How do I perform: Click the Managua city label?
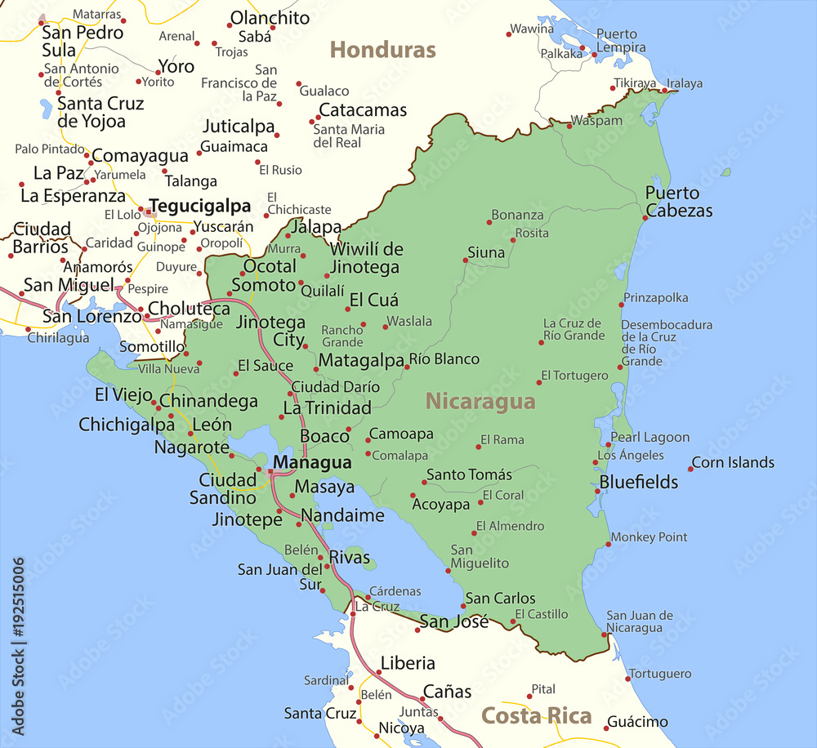tap(312, 463)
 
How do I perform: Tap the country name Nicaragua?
tap(480, 402)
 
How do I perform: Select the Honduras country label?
tap(382, 50)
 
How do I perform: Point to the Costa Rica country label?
tap(536, 716)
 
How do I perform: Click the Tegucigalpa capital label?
tap(199, 206)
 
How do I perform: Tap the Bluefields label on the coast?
tap(639, 482)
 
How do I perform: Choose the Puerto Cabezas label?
tap(678, 202)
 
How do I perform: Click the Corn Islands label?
tap(733, 462)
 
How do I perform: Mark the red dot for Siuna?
tap(466, 260)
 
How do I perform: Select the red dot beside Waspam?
tap(569, 126)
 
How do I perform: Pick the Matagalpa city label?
tap(361, 360)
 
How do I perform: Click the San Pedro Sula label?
tap(82, 42)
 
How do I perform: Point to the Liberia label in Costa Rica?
tap(408, 663)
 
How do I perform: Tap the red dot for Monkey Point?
tap(608, 544)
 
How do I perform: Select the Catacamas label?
tap(363, 110)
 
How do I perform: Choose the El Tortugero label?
tap(575, 376)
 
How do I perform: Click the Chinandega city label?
tap(208, 401)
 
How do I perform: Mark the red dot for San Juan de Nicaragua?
tap(605, 634)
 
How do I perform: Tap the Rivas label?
tap(349, 558)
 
